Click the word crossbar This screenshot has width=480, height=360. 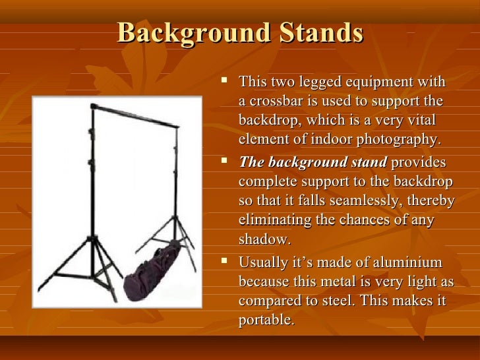[275, 102]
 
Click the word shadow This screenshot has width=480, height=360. [264, 239]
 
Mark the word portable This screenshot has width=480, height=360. [266, 320]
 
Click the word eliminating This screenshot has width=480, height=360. [274, 220]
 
